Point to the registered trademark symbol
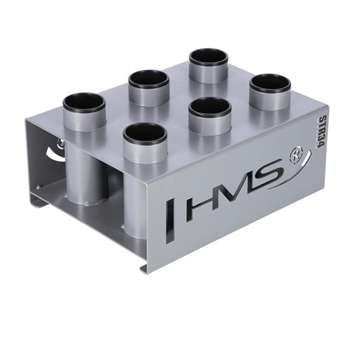point(296,156)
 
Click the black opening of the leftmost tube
point(84,103)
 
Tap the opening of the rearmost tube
point(208,57)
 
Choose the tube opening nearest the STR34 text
point(270,82)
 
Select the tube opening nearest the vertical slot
point(144,133)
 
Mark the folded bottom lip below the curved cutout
point(39,202)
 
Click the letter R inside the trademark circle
point(296,156)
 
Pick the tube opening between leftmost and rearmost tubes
point(149,79)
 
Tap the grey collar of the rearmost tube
point(208,73)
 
